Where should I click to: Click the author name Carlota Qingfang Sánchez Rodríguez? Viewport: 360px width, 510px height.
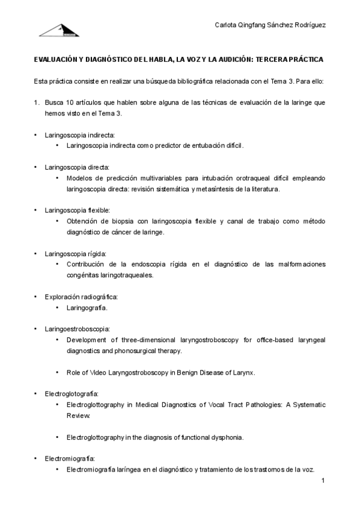pyautogui.click(x=270, y=25)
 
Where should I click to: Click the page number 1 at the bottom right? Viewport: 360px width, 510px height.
pyautogui.click(x=323, y=481)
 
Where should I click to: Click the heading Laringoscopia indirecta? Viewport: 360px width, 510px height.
pyautogui.click(x=79, y=135)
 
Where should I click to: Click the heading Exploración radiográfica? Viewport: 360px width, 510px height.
pyautogui.click(x=81, y=296)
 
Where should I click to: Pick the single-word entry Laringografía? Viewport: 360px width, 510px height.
pyautogui.click(x=87, y=308)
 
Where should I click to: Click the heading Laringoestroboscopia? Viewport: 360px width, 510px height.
pyautogui.click(x=77, y=329)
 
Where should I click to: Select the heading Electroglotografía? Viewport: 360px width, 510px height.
pyautogui.click(x=71, y=393)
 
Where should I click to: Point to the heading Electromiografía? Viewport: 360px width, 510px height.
pyautogui.click(x=70, y=458)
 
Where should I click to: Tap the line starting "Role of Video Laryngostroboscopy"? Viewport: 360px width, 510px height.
pyautogui.click(x=161, y=372)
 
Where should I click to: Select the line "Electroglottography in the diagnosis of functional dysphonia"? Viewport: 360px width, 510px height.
pyautogui.click(x=155, y=437)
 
